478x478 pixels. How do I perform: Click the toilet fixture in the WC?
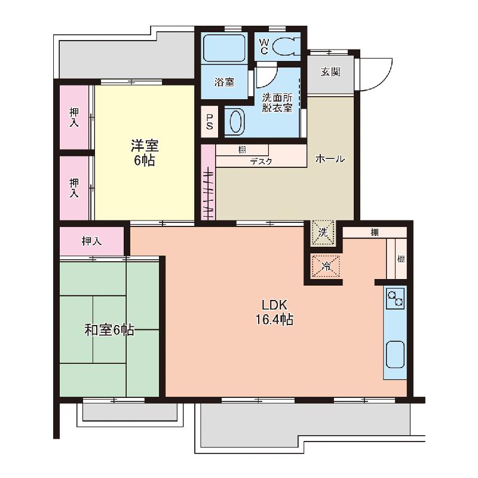tap(286, 47)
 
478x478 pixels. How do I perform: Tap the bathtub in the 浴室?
tap(224, 48)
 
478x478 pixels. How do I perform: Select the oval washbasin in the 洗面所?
tap(235, 122)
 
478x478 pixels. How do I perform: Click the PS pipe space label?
tap(210, 122)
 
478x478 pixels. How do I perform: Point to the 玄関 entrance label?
tap(330, 72)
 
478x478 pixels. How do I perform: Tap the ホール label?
tap(330, 159)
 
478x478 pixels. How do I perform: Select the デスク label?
tap(261, 161)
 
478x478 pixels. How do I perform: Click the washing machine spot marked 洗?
tap(323, 233)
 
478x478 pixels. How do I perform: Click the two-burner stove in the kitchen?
tap(396, 298)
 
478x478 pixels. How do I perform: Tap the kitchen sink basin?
tap(395, 354)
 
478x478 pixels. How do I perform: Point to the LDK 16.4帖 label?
tap(274, 312)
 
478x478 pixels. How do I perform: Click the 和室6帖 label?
tap(109, 330)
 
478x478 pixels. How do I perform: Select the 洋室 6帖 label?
tap(145, 153)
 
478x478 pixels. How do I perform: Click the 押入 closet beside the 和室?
tap(91, 241)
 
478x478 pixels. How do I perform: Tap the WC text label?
tap(264, 47)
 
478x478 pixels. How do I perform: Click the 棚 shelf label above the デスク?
tap(242, 150)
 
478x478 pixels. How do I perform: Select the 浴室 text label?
tap(225, 82)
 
